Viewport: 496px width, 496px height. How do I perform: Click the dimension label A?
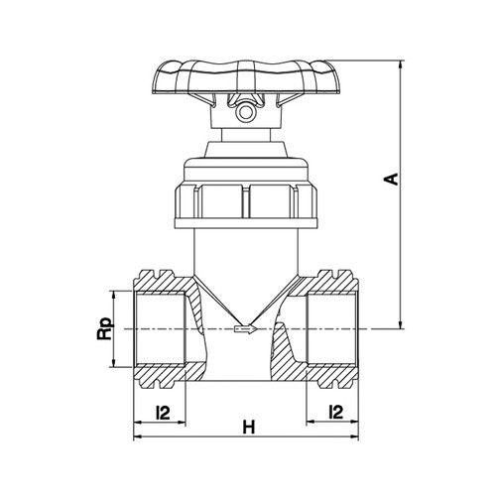coord(391,179)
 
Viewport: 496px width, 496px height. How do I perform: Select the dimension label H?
coord(249,427)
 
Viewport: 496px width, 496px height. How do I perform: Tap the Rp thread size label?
coord(104,329)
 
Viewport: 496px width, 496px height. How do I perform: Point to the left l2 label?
coord(163,413)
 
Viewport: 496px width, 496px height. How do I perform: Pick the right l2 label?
coord(336,413)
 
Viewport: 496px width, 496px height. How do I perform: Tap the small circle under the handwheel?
coord(245,112)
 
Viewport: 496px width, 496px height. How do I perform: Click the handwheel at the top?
coord(245,76)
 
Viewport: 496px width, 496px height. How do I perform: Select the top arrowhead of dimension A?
coord(402,64)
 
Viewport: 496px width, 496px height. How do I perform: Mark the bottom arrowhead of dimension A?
coord(402,325)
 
